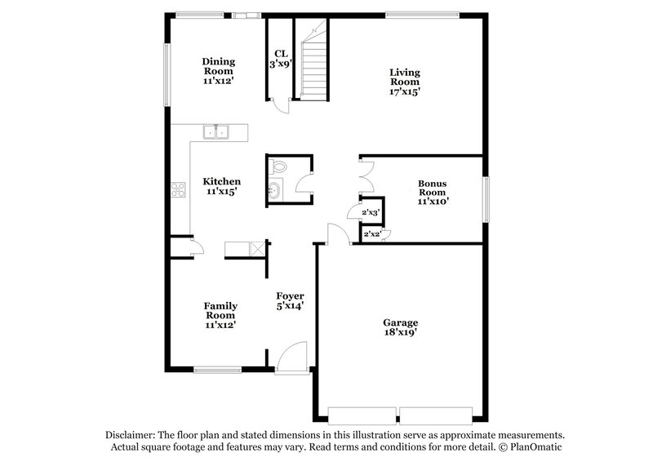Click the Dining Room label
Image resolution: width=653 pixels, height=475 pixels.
click(x=218, y=71)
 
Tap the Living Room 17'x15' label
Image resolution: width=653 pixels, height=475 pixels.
click(x=404, y=82)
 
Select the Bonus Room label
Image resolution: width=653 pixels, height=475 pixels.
click(x=433, y=192)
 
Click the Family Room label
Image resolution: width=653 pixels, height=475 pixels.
click(x=220, y=315)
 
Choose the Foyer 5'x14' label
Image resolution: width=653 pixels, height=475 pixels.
click(x=290, y=301)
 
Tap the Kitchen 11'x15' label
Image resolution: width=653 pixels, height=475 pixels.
click(x=221, y=187)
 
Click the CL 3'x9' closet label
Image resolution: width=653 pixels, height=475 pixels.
click(x=280, y=58)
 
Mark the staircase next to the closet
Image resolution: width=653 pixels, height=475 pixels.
click(x=312, y=69)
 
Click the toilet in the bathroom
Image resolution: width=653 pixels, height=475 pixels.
click(x=279, y=166)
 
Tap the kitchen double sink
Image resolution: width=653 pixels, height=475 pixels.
click(x=218, y=131)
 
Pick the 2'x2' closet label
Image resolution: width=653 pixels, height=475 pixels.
click(x=372, y=234)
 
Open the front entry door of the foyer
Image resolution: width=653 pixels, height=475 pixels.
click(x=290, y=360)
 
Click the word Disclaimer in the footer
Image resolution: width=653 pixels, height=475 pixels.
click(x=131, y=435)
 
